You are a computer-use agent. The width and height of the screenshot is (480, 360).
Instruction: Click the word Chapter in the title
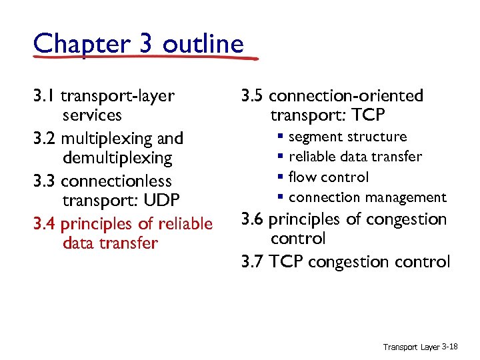(x=74, y=44)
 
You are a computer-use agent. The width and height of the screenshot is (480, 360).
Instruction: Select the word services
(x=92, y=115)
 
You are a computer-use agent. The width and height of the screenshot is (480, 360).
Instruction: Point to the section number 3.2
(x=45, y=139)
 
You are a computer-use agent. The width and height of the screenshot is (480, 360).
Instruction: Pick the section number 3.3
(x=45, y=181)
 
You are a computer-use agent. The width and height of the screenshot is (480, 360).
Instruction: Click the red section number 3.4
(x=45, y=224)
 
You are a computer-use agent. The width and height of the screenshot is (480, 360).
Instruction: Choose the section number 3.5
(x=253, y=96)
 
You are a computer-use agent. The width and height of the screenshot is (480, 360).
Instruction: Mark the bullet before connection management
(x=282, y=198)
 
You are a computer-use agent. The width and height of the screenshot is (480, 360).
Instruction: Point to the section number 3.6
(x=253, y=219)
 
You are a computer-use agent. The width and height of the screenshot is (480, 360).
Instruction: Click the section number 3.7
(x=253, y=262)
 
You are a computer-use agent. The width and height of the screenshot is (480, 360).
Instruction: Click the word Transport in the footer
(x=401, y=347)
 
